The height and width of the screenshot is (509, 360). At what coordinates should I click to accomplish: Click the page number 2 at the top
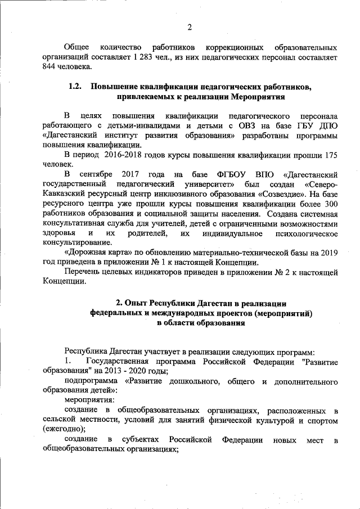point(190,26)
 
